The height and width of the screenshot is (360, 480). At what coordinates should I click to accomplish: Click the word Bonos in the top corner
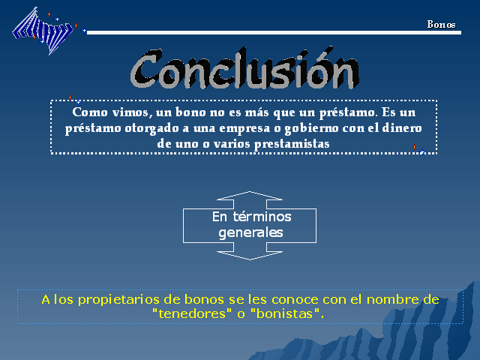pos(441,25)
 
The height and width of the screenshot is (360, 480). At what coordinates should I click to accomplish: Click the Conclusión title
pos(245,68)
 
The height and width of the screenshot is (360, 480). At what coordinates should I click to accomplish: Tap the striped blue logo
pos(43,31)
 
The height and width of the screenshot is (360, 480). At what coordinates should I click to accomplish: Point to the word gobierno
pos(311,129)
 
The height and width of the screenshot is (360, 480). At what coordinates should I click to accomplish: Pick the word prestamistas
pos(292,144)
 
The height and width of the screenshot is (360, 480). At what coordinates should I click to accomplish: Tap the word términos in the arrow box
pos(262,217)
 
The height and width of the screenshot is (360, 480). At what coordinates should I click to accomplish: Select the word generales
pos(250,233)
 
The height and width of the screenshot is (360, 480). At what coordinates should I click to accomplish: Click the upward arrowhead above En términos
pos(250,196)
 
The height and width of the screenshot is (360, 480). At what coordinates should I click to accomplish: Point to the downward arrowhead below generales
pos(250,256)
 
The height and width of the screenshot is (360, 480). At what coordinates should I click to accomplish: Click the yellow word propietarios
pos(118,300)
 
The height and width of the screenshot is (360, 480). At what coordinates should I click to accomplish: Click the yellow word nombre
pos(392,299)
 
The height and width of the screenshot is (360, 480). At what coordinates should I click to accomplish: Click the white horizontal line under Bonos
pos(274,32)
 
